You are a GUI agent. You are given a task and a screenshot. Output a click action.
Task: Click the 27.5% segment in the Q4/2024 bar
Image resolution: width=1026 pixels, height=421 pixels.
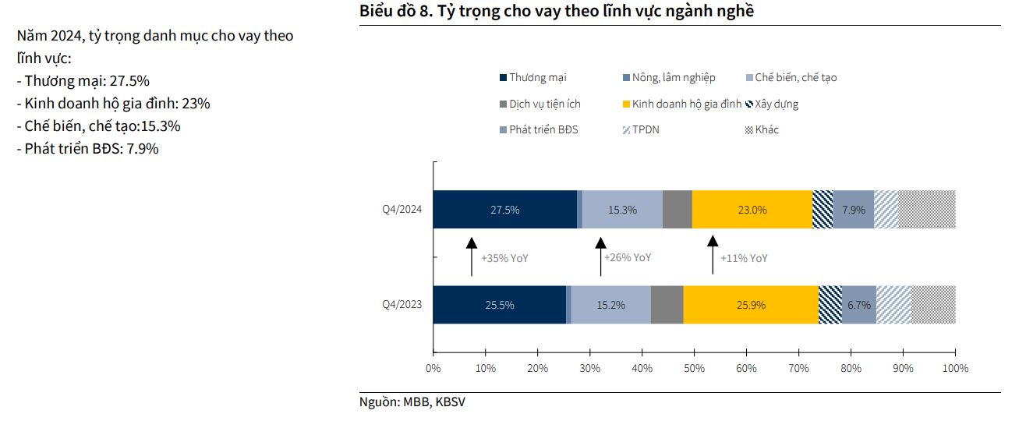click(504, 209)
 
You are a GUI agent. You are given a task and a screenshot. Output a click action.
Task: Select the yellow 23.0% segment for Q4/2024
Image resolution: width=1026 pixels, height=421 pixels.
click(752, 209)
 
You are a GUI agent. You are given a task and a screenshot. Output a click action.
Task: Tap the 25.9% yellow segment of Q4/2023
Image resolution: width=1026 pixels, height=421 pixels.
click(751, 305)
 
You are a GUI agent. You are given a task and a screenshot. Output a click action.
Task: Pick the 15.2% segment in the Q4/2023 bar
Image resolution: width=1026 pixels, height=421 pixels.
click(610, 305)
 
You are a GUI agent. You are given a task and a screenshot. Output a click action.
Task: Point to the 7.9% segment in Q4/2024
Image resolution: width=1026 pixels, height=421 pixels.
click(854, 209)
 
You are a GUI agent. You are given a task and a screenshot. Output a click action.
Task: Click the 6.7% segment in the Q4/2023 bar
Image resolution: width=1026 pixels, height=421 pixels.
click(858, 305)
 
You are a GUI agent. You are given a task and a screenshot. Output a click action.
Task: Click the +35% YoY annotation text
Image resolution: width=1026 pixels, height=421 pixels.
click(504, 257)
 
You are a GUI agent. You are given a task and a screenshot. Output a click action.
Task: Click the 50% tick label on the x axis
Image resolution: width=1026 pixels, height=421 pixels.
click(695, 368)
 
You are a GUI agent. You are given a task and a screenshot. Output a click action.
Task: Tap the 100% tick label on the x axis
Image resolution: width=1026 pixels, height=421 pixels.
click(955, 368)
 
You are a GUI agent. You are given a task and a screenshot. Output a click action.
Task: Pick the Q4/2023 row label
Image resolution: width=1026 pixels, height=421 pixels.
click(402, 305)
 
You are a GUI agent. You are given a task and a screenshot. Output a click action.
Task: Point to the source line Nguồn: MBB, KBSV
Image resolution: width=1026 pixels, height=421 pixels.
click(413, 402)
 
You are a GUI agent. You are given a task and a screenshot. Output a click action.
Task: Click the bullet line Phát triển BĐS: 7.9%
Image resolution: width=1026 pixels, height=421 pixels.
click(87, 148)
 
